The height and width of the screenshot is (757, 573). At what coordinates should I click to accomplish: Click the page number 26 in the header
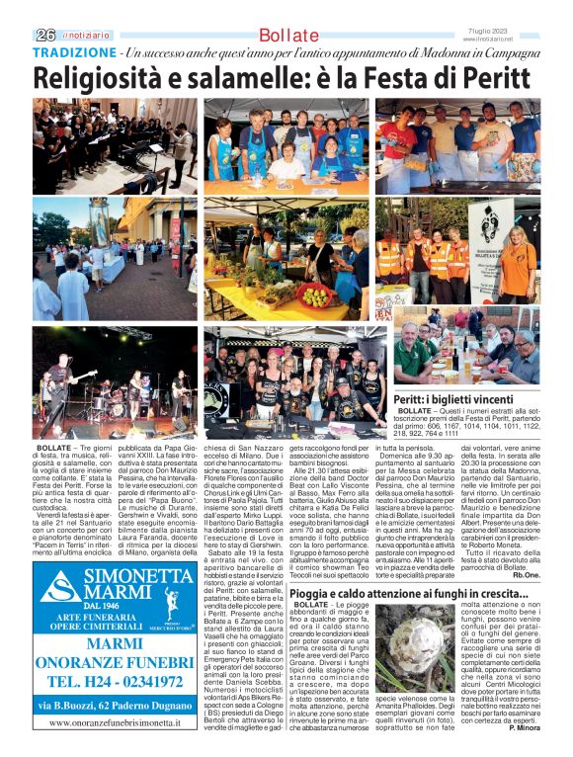pos(45,34)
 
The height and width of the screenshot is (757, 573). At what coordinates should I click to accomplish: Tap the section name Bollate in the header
pos(289,36)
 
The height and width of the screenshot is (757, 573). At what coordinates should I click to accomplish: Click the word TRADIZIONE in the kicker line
pos(73,51)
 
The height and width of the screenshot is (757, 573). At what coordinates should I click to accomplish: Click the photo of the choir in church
pos(115,145)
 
